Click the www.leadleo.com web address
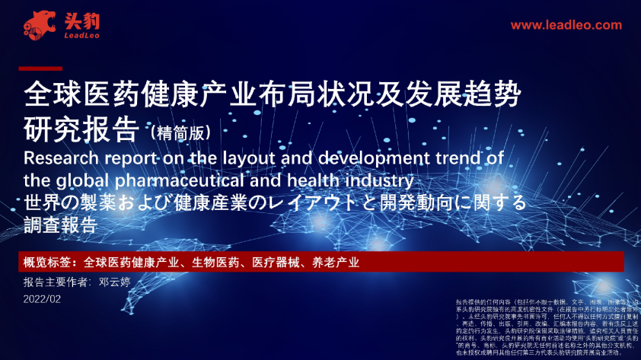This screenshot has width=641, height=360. pos(566,25)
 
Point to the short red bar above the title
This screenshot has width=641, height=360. pos(40,68)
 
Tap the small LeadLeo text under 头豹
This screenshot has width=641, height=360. pos(81,35)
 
